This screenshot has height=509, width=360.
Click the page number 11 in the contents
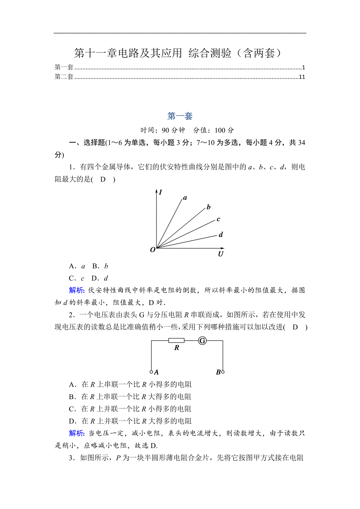[x=302, y=77]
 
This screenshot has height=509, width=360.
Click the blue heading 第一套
[x=180, y=116]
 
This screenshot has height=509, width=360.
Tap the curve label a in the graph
[x=185, y=198]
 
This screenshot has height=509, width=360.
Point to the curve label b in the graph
[x=209, y=207]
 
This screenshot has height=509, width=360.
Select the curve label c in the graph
[x=218, y=219]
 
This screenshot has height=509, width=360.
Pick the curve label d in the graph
[x=221, y=235]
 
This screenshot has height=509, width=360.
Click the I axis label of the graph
[x=161, y=192]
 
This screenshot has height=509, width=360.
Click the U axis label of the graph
[x=221, y=254]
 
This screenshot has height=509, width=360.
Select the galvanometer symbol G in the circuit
[x=202, y=341]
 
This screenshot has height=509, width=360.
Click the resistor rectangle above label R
[x=176, y=341]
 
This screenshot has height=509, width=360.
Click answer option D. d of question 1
[x=100, y=278]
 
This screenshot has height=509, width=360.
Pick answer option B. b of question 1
[x=100, y=266]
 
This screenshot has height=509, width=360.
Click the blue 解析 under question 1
[x=76, y=290]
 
